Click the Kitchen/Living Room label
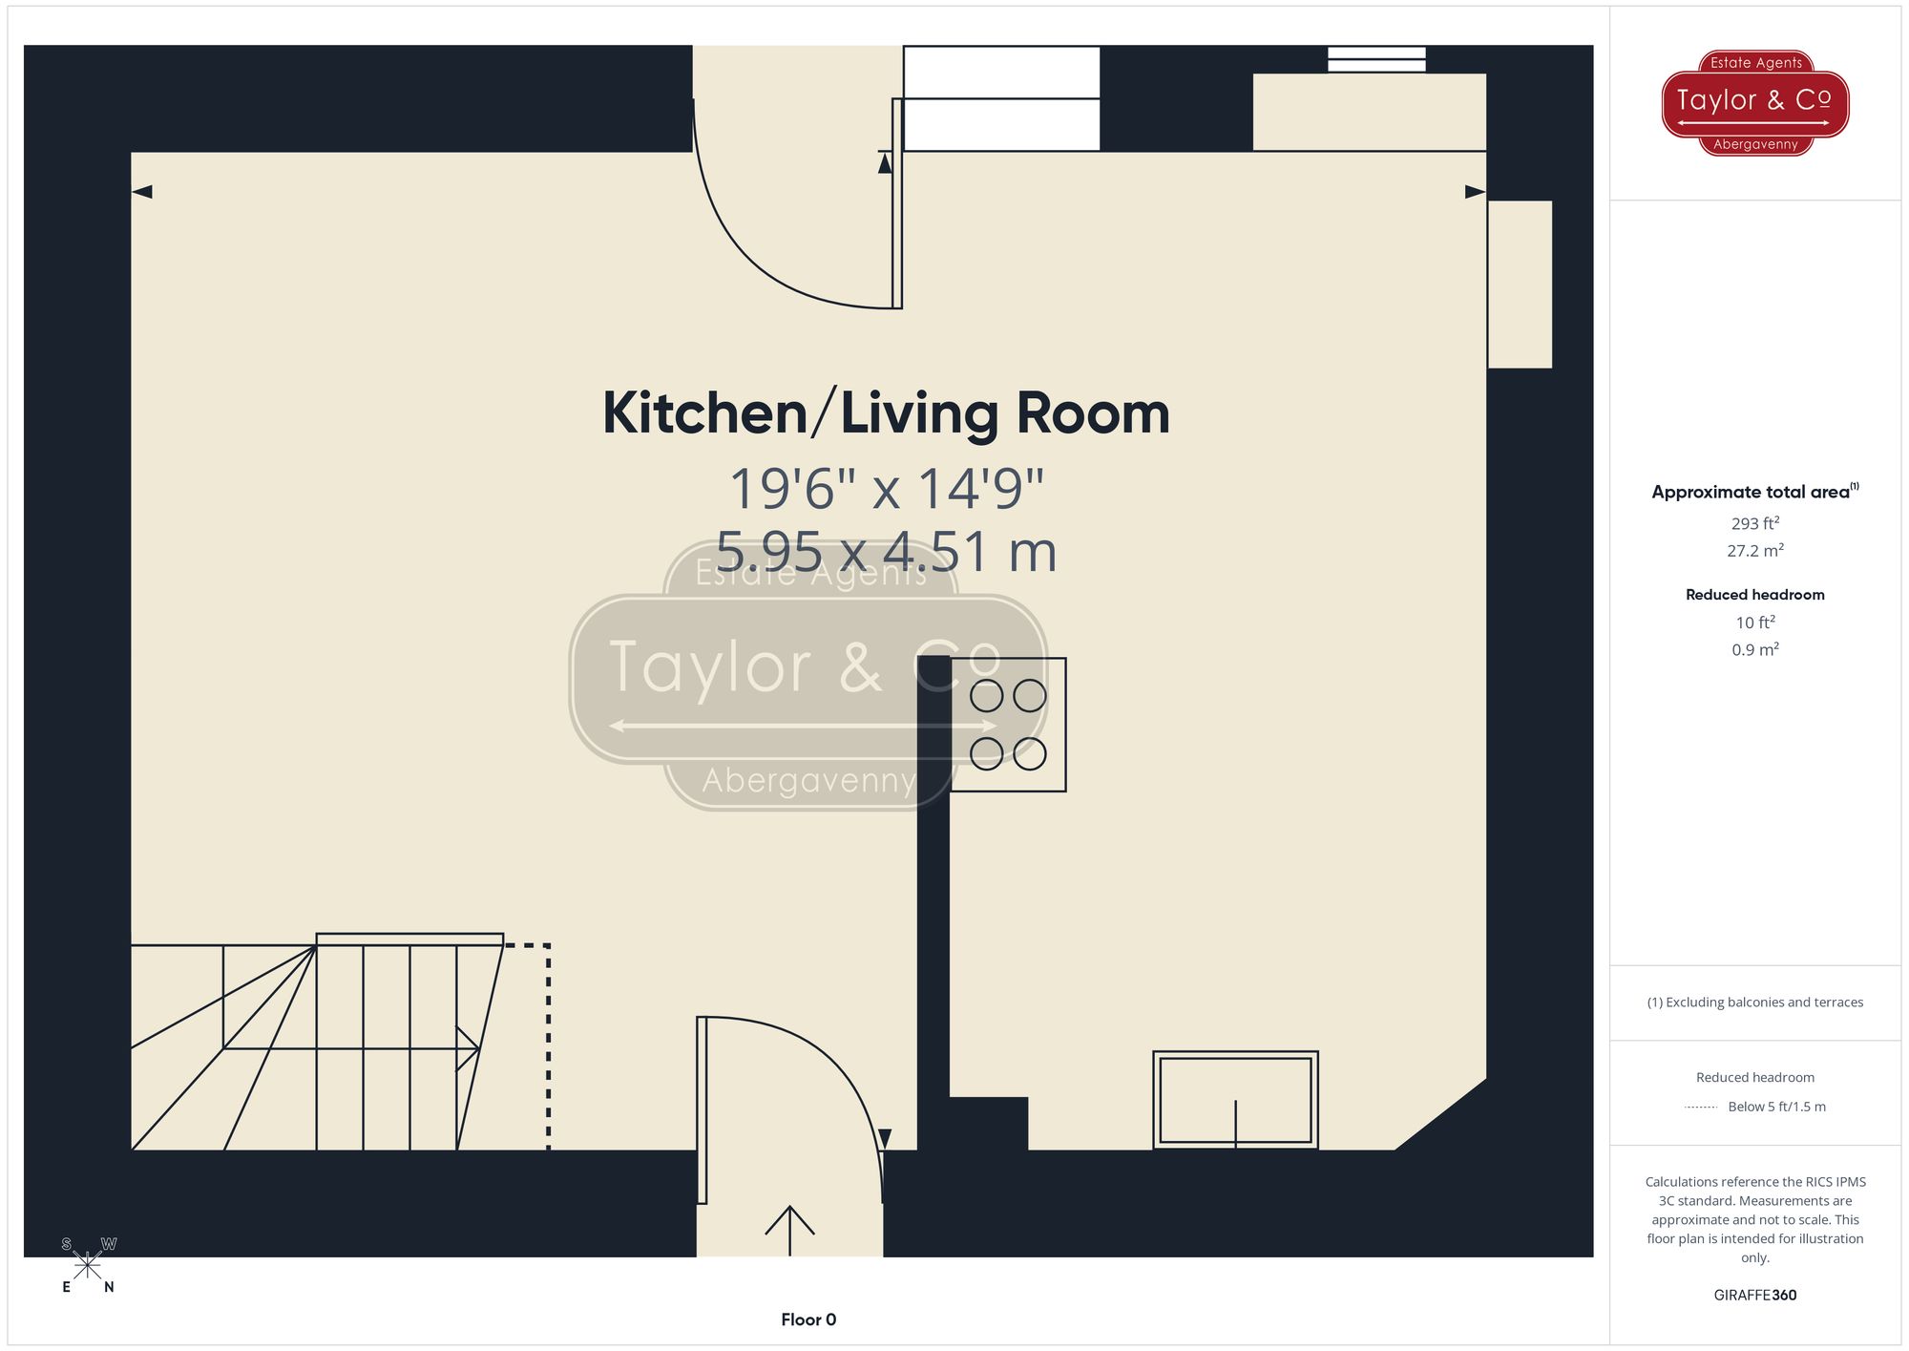[886, 413]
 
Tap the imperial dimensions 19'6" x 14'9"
[886, 488]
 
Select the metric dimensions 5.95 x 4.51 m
[886, 552]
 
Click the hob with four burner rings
[1008, 725]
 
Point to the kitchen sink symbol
[1235, 1099]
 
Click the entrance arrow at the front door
[790, 1230]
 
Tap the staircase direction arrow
[467, 1048]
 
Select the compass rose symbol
[87, 1266]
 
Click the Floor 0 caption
[808, 1319]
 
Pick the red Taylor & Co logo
[1755, 102]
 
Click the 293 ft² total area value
[1754, 523]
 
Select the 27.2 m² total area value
[1754, 551]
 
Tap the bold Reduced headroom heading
[1754, 595]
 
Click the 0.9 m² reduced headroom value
[1754, 650]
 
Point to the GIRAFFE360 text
[1754, 1296]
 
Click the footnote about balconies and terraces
[1754, 1003]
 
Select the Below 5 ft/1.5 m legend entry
[1775, 1107]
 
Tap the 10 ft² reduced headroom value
[1754, 623]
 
